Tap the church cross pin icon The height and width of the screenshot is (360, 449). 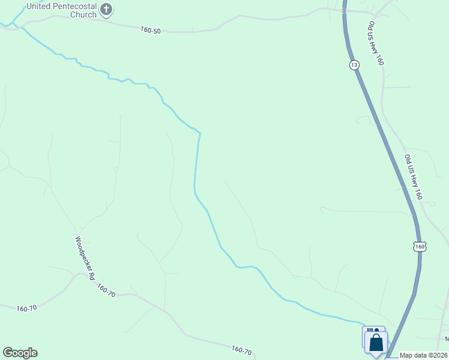(x=107, y=9)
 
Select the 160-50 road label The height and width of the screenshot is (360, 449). (x=151, y=30)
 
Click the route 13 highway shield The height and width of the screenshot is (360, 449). (x=354, y=65)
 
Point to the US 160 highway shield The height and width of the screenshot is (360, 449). (x=420, y=247)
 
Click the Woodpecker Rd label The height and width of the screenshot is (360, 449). (x=85, y=259)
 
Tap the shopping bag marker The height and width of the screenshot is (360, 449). (x=377, y=344)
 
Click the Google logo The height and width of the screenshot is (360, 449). (x=20, y=353)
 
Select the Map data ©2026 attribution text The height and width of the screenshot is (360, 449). (x=424, y=355)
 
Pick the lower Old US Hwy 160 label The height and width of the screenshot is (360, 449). (x=414, y=177)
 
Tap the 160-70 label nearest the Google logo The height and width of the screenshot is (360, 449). (x=26, y=308)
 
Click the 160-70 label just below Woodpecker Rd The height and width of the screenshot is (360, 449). (x=106, y=290)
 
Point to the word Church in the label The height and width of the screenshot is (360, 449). (x=82, y=14)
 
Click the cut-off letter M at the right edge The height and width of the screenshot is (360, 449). (x=447, y=340)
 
